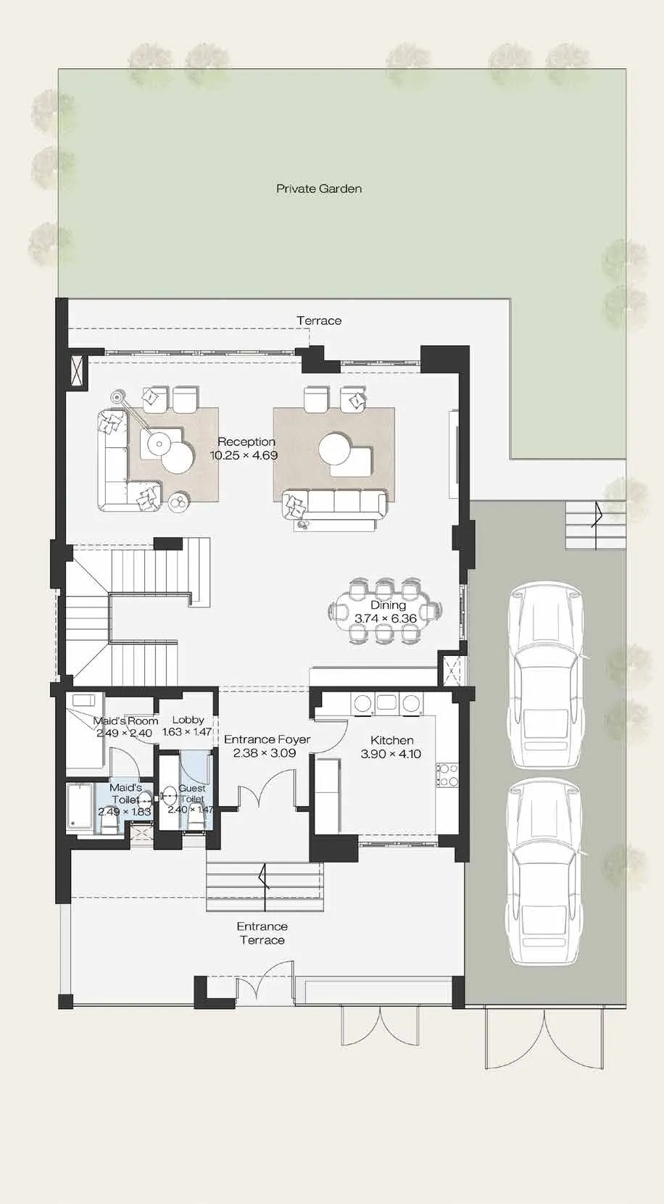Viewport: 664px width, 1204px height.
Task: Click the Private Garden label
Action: (319, 188)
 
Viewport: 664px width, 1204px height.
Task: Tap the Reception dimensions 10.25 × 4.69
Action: (244, 455)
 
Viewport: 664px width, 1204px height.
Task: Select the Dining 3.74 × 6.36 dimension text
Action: (386, 618)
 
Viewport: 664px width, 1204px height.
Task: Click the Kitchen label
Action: (392, 740)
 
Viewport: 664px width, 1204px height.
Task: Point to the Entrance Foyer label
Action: (267, 739)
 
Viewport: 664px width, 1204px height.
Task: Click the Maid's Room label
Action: (126, 721)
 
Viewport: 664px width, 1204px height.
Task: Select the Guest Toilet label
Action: (192, 793)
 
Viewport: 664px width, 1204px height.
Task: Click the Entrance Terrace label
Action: (262, 933)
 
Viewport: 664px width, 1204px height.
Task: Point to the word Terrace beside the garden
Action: (319, 320)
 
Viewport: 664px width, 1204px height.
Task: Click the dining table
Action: (384, 611)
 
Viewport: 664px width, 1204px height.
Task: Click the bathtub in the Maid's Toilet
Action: (80, 808)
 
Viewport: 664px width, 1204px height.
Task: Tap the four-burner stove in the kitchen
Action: (447, 775)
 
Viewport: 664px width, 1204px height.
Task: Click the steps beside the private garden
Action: (596, 525)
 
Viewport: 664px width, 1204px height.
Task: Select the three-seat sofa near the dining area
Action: (334, 505)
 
